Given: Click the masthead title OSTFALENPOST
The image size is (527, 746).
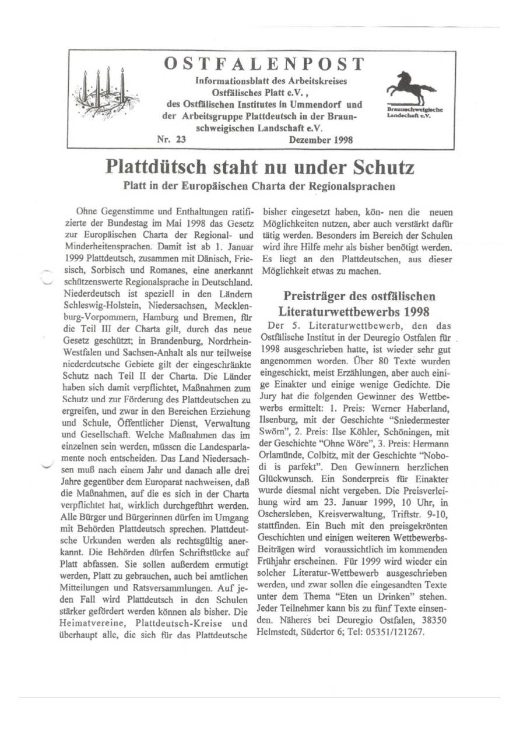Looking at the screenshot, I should click(264, 64).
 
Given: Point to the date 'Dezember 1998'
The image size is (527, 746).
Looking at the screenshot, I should click(321, 140).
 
